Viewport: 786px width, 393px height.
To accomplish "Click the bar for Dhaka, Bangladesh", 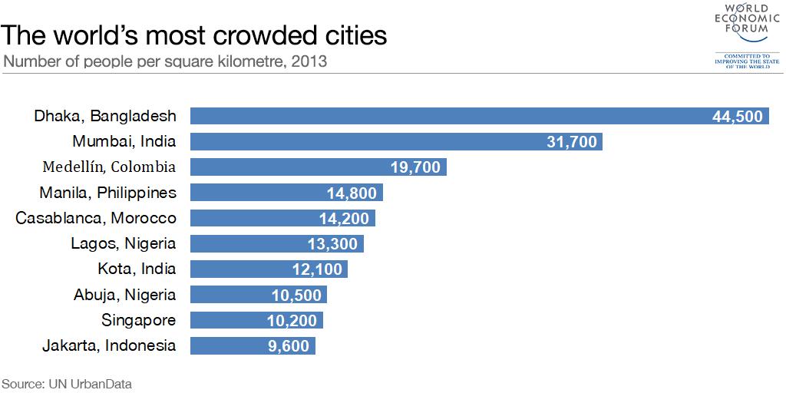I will (x=480, y=116).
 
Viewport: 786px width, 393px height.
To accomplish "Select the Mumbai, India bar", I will (x=396, y=141).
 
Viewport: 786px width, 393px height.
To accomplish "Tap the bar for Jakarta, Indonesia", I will (x=253, y=345).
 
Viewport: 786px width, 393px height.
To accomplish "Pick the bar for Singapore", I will (x=256, y=320).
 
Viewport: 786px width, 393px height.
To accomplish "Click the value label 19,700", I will (x=414, y=167).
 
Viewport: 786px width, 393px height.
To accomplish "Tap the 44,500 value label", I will (x=737, y=116).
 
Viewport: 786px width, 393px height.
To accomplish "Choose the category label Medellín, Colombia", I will (x=109, y=167).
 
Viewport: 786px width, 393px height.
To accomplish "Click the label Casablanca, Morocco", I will (x=96, y=218).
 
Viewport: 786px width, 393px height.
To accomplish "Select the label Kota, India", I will (x=137, y=269).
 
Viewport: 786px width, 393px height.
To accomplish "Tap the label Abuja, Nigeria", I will (x=124, y=295).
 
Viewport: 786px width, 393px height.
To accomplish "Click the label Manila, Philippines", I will (x=107, y=193).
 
